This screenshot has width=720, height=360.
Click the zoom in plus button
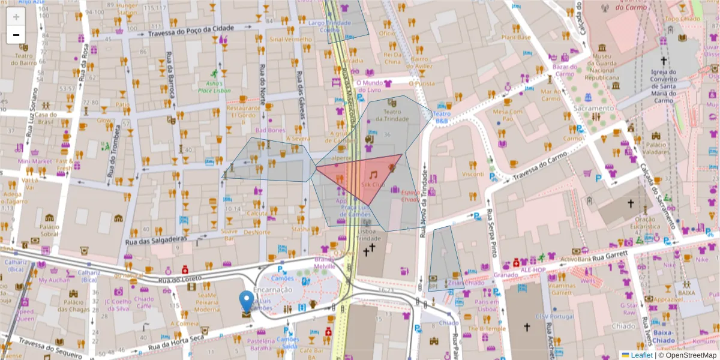pos(16,16)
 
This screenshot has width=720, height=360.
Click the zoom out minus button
pos(16,34)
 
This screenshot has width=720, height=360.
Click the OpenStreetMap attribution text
pos(689,355)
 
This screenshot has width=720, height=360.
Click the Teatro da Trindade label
pos(392,116)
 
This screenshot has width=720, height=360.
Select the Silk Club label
pos(373,185)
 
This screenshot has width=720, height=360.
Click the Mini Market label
pos(35,161)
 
